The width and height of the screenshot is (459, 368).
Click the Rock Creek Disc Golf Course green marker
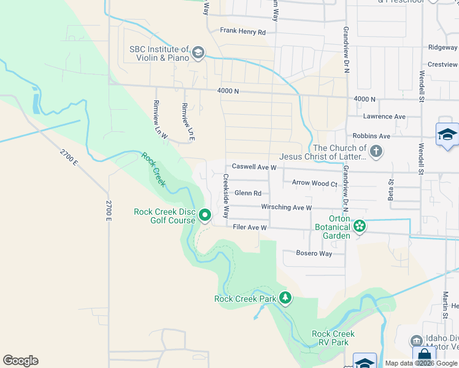click(206, 215)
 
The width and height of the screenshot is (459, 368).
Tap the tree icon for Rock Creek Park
click(285, 298)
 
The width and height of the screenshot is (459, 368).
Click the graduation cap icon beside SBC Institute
click(198, 53)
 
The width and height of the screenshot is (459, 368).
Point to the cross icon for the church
click(376, 151)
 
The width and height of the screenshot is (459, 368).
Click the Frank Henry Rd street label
click(242, 32)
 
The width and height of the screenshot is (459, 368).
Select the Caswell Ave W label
click(254, 167)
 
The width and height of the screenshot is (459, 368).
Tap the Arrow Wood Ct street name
click(315, 183)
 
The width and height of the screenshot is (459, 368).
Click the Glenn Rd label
click(248, 193)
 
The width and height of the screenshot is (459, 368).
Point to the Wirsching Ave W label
click(287, 208)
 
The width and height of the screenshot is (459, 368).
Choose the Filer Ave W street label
click(250, 228)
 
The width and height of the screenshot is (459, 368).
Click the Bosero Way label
click(314, 253)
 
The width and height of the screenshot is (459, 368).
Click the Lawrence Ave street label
click(384, 117)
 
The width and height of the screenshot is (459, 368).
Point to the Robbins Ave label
click(371, 136)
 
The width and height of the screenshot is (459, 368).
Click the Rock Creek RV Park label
click(333, 338)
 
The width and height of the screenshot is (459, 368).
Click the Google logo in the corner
click(21, 361)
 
